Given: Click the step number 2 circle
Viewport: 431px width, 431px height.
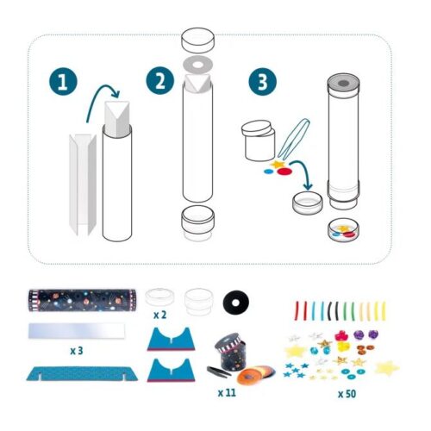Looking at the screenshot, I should coord(158,84).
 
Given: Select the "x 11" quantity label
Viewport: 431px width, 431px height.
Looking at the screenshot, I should coord(228,392).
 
